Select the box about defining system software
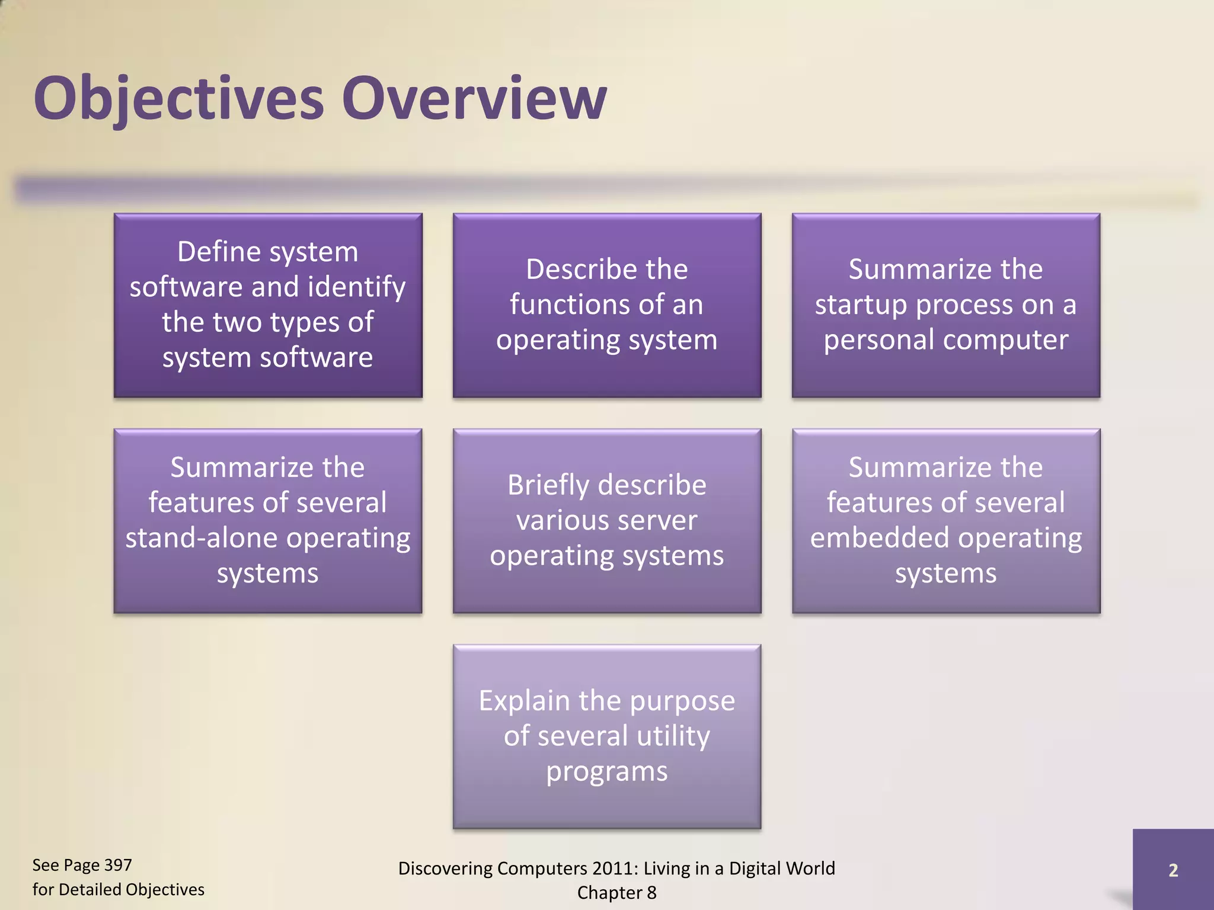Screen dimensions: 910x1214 [268, 305]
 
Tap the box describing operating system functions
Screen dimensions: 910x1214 [607, 305]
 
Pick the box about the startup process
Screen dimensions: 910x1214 [946, 305]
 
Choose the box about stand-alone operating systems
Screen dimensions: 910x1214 [268, 521]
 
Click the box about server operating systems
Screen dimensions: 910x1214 [607, 521]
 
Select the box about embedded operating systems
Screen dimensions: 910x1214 [946, 521]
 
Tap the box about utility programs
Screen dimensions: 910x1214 [607, 736]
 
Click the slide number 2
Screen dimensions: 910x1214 [1173, 870]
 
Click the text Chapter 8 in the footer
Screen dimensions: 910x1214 [616, 893]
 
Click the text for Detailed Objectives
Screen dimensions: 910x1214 [118, 890]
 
